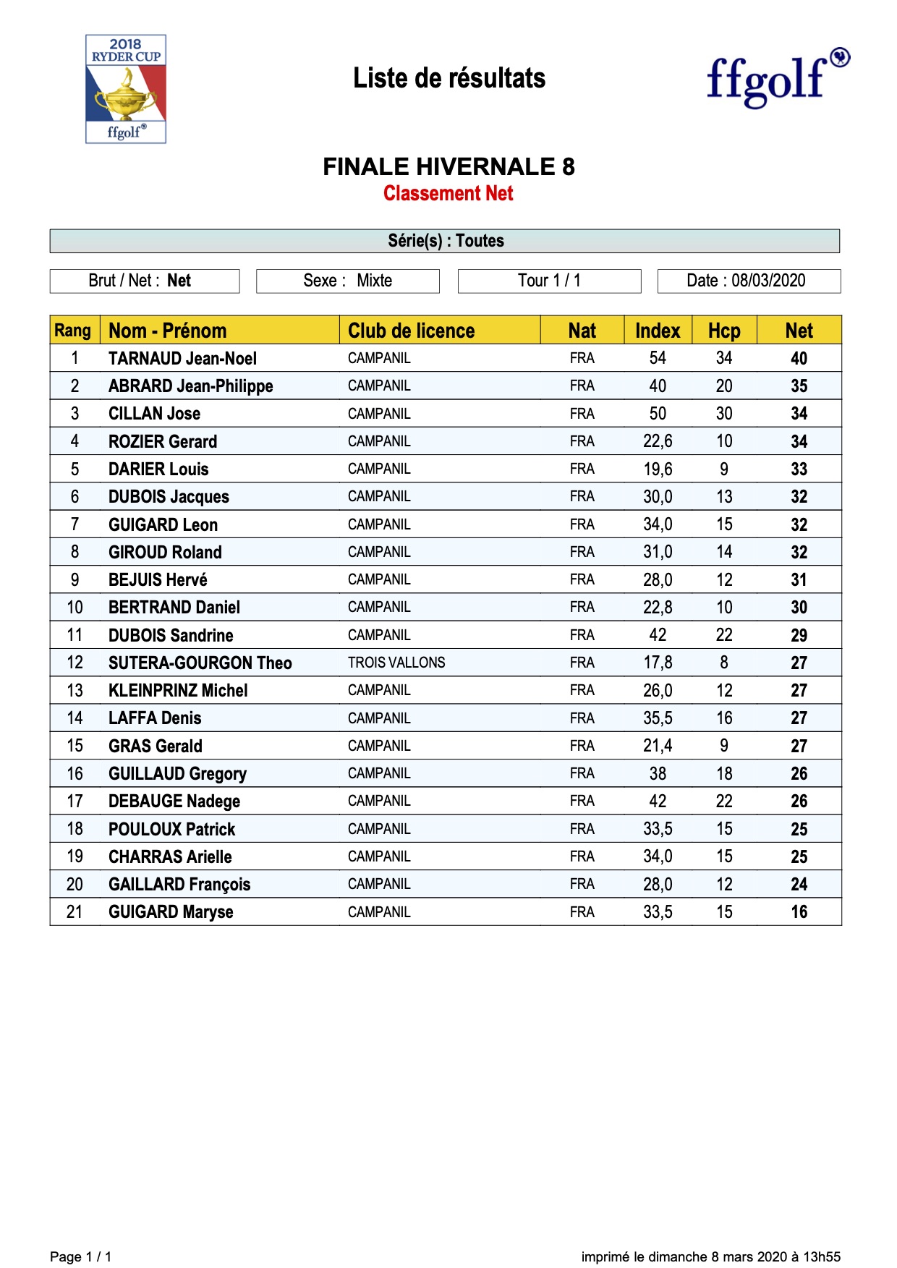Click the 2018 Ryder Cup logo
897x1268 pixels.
pos(126,89)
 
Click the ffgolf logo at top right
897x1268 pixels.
pos(777,77)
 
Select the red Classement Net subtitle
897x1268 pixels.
pos(448,194)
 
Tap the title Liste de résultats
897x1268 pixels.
pos(448,78)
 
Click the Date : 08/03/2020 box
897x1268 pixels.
pos(748,281)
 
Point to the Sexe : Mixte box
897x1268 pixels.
pos(347,281)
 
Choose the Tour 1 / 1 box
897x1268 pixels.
pos(549,281)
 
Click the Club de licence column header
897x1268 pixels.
pos(411,331)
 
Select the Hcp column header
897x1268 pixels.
pos(724,331)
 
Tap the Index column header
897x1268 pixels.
pos(658,331)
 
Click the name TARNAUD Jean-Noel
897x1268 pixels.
pos(182,359)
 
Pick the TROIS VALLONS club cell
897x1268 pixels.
pos(396,663)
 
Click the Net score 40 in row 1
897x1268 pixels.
pos(799,359)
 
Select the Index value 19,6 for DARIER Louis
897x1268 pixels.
pos(658,469)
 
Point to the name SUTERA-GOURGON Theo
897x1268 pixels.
pos(200,663)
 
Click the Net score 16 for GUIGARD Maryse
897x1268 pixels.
pos(799,912)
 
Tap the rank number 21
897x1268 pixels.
pos(75,912)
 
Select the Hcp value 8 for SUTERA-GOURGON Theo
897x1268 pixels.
pos(724,663)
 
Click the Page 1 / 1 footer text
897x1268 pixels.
pos(81,1256)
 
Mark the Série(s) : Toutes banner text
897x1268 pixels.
pos(446,241)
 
